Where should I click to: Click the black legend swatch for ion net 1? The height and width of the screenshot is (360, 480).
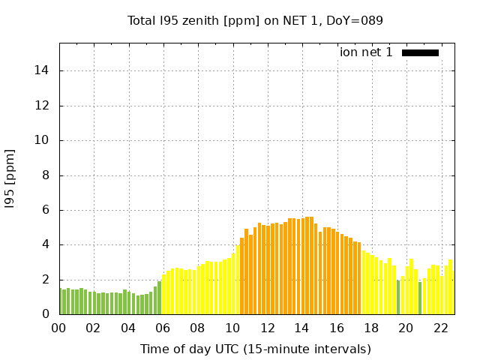point(420,52)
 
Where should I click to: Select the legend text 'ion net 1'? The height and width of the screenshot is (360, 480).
point(366,52)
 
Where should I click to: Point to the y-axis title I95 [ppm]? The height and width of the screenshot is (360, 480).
point(10,178)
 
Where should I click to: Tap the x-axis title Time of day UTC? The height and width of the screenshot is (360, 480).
point(255,349)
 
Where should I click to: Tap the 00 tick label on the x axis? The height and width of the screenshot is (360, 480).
point(58,328)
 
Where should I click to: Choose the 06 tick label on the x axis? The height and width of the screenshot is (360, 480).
point(163,328)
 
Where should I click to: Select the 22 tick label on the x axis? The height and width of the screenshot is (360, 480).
point(441,328)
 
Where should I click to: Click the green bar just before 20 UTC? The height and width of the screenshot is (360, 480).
point(398,297)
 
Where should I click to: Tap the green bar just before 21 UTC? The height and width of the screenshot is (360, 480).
point(420,298)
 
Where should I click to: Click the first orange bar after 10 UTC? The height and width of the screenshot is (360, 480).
point(242,276)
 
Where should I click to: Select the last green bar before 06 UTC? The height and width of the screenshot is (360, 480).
point(159,298)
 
